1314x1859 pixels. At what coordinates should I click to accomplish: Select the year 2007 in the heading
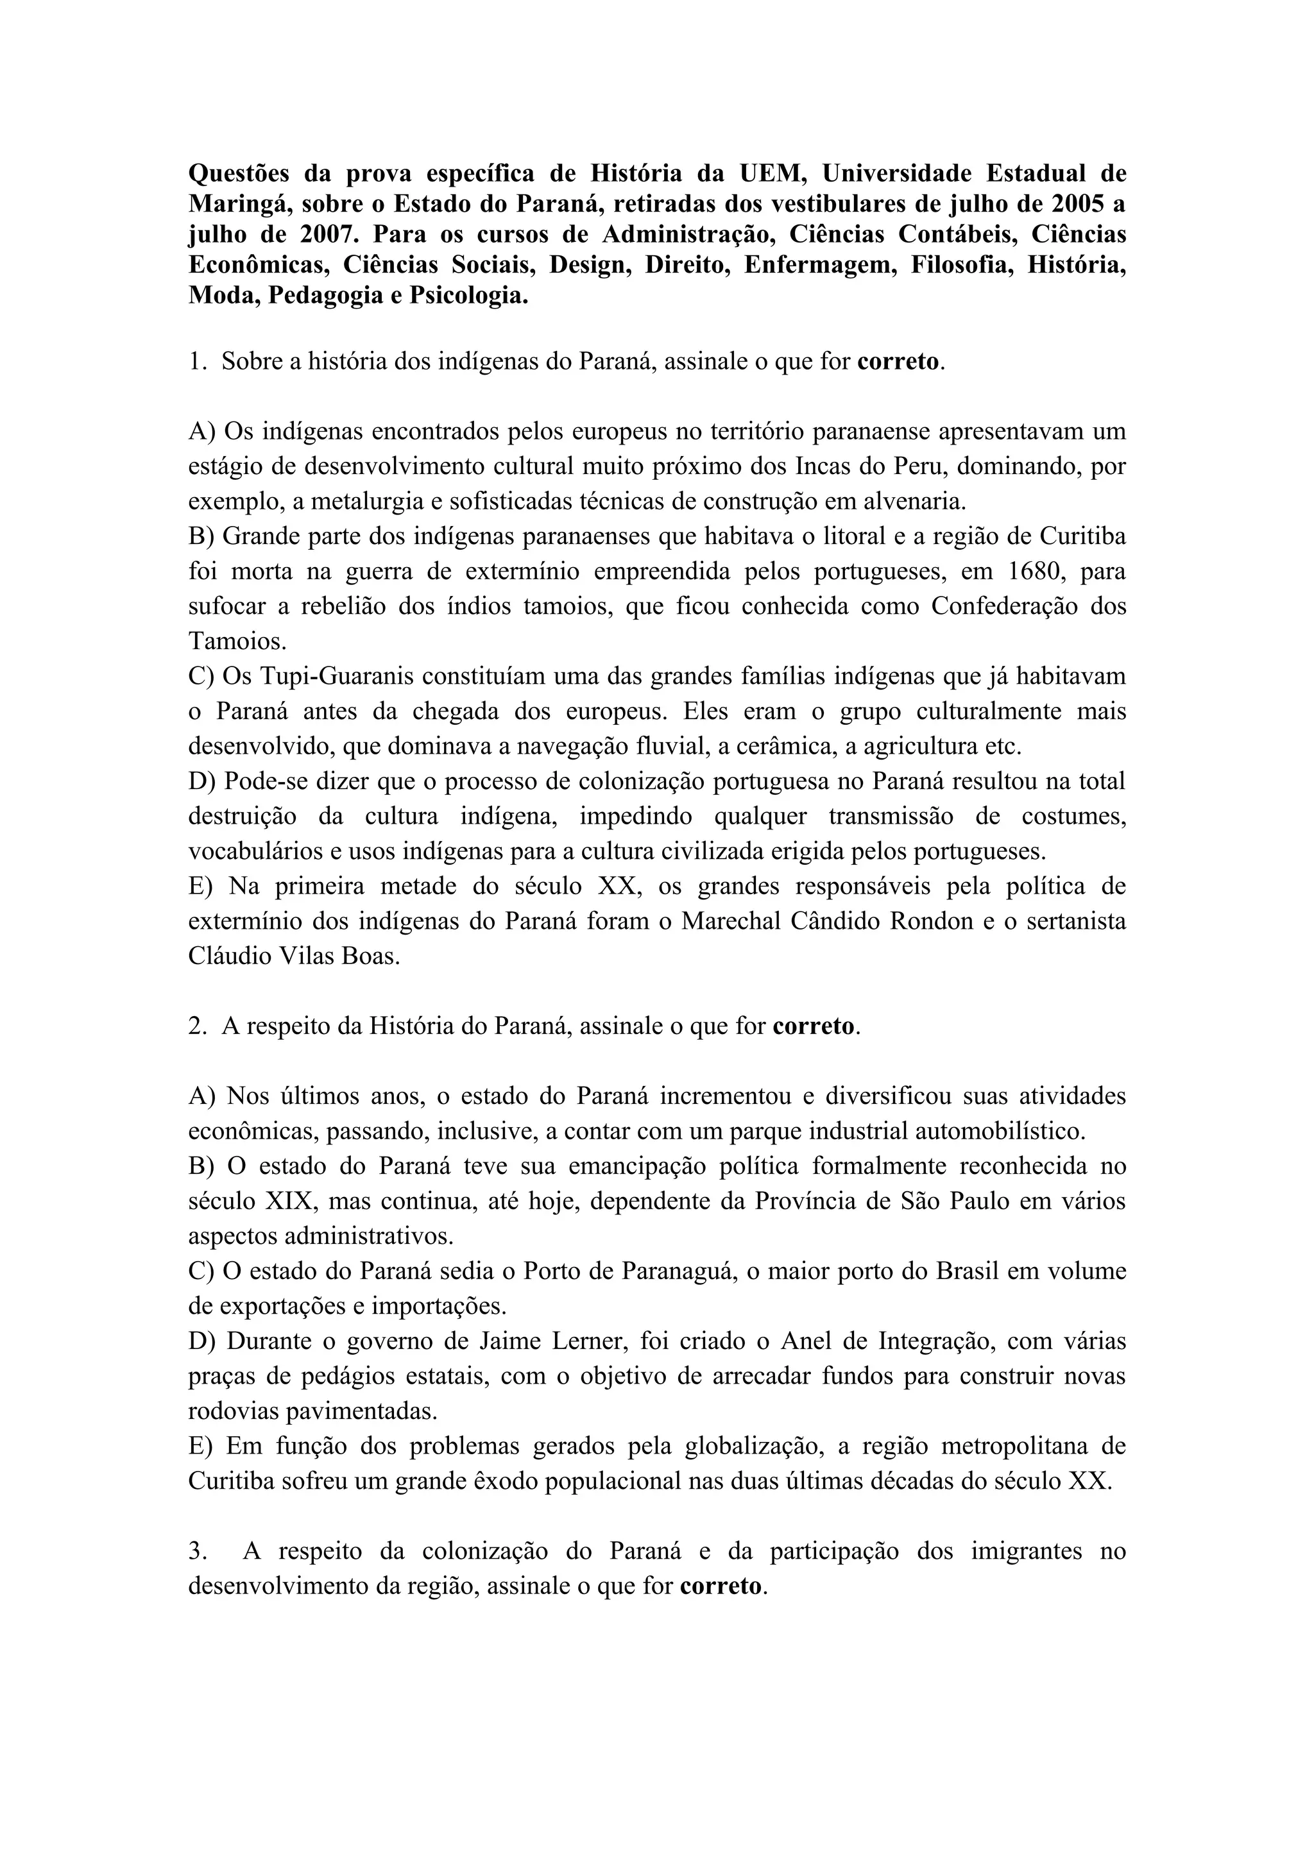coord(328,235)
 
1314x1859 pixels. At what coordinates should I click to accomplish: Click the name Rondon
coord(931,921)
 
